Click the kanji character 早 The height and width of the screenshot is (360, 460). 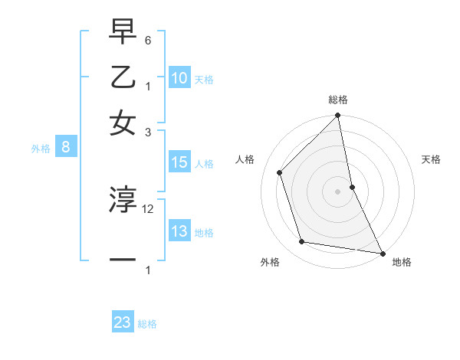(x=123, y=34)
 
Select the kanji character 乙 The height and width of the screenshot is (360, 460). (x=123, y=78)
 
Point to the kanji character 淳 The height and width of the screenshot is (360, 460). (x=123, y=201)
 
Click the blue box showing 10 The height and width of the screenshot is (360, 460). (x=179, y=77)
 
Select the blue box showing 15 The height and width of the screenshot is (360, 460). (x=179, y=162)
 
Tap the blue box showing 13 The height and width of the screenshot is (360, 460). (x=179, y=231)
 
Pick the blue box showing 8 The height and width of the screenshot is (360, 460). (x=67, y=148)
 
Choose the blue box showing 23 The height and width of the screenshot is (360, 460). (x=123, y=322)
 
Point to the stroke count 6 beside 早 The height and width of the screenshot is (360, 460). (x=149, y=40)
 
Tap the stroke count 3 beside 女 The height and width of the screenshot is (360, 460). (x=149, y=132)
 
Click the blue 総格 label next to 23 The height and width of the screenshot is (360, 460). (x=147, y=324)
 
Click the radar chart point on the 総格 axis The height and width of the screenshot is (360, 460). (x=337, y=116)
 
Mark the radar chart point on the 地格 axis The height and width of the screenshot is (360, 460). (x=382, y=253)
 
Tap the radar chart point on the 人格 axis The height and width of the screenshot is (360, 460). (x=280, y=172)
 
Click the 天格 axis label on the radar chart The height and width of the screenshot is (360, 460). (x=431, y=160)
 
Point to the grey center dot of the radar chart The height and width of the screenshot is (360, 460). (x=337, y=191)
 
